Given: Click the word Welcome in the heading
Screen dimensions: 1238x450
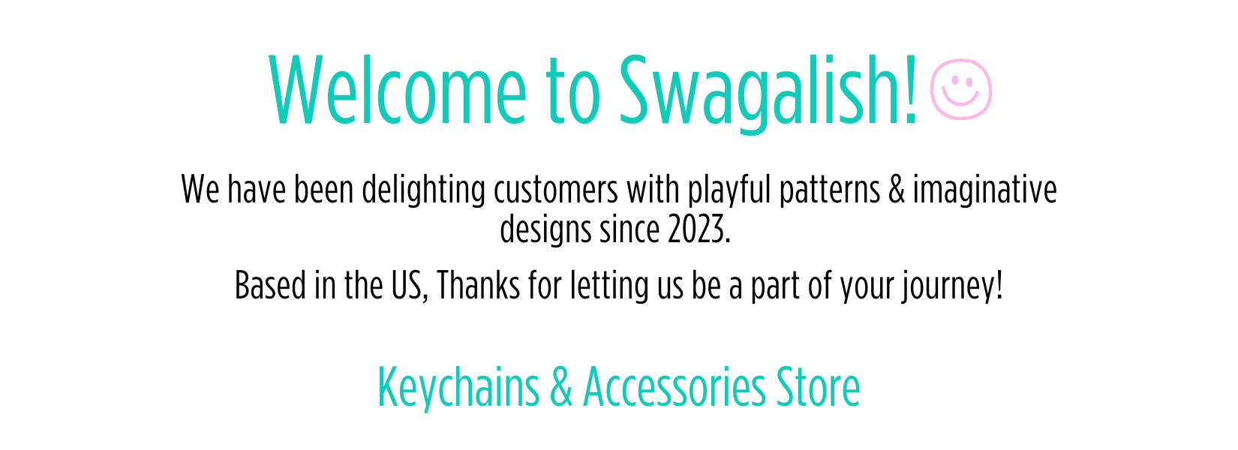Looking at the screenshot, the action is pos(398,91).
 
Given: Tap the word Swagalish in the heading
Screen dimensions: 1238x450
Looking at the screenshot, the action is pos(761,94).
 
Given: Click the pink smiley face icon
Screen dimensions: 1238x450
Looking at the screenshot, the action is pos(961,89).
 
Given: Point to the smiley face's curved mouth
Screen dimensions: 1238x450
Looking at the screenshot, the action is pos(960,100).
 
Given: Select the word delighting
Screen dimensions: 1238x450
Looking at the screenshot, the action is pos(423,190).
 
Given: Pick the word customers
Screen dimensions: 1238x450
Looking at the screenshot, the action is pos(555,190).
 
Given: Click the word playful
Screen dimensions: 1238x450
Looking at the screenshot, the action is pos(729,190).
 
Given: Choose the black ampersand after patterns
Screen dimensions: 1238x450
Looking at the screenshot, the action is pos(897,190).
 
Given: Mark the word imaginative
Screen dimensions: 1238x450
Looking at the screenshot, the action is pos(985,190).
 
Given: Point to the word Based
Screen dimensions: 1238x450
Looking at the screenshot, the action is pos(270,286).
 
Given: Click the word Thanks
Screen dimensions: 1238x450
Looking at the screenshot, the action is pos(478,286).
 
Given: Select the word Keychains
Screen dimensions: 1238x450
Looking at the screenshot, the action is pos(458,388).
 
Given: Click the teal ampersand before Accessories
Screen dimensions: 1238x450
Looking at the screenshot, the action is pos(561,387).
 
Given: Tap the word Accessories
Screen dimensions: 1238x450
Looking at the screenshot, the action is pos(675,387).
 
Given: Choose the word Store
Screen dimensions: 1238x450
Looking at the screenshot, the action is pos(818,387).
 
